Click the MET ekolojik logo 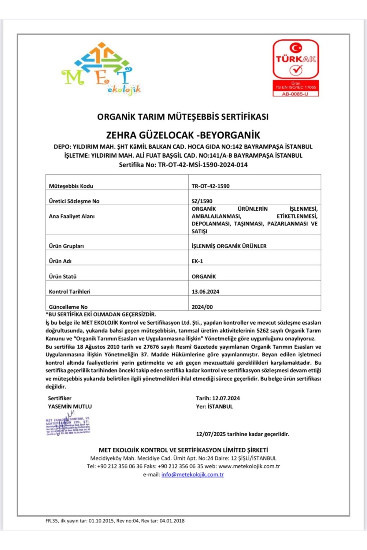[x=101, y=69]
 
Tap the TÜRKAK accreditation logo [x=296, y=60]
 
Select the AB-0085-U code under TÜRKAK [x=295, y=94]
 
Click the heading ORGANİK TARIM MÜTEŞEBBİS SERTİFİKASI [x=183, y=117]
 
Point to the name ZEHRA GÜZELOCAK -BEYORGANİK [x=183, y=135]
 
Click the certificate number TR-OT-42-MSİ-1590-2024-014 [x=203, y=165]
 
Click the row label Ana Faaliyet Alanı [x=72, y=216]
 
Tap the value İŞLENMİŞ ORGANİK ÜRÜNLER [x=229, y=246]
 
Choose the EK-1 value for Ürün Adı [x=197, y=261]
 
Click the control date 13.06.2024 [x=205, y=291]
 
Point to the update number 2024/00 [x=202, y=307]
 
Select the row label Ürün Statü [x=63, y=277]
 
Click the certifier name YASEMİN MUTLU [x=70, y=407]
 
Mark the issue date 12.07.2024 [x=226, y=398]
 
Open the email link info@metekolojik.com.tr [x=192, y=475]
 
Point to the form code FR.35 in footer [x=52, y=521]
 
